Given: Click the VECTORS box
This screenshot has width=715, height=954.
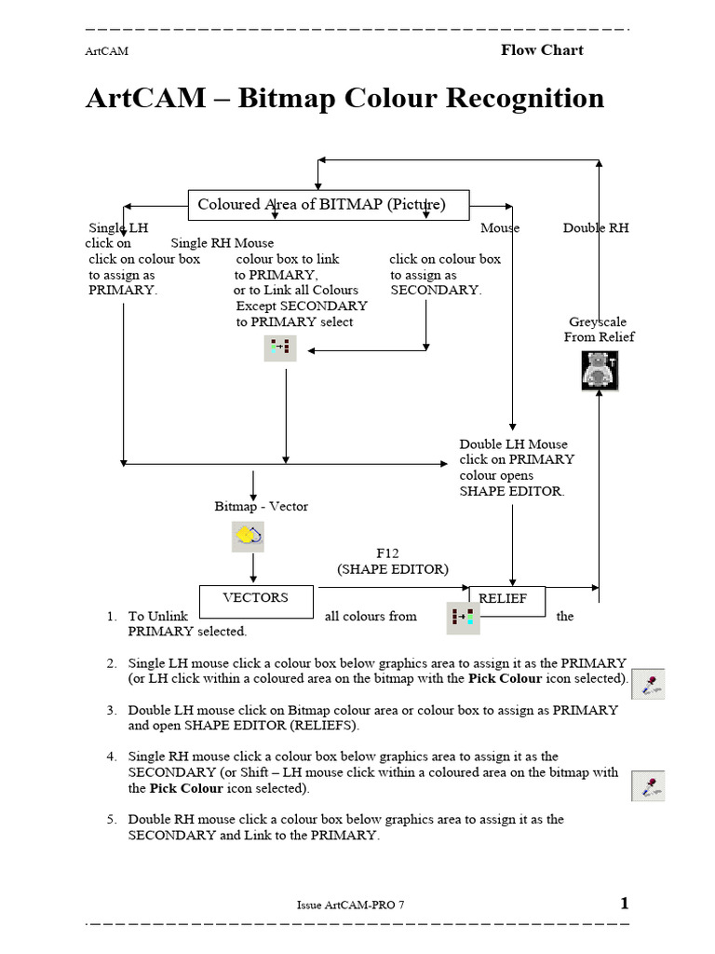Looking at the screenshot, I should coord(256,601).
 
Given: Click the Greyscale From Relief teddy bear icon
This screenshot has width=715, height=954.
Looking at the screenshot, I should coord(599,371).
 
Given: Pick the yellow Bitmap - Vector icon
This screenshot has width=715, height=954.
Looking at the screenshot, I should coord(248,536).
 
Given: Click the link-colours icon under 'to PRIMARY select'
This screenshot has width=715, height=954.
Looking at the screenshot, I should coord(280,348).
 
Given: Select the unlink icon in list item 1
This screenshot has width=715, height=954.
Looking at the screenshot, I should coord(463,618).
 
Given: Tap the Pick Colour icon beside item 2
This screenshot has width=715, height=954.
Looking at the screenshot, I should coord(648,684).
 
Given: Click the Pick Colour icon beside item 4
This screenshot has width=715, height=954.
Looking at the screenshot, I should coord(648,785).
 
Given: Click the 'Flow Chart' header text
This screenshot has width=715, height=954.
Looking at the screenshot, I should coord(542,49).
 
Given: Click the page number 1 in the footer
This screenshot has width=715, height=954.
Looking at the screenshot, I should coord(625,903).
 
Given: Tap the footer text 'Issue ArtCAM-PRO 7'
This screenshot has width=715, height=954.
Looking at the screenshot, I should coord(350,905).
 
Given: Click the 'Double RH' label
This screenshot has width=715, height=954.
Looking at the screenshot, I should coord(596,228).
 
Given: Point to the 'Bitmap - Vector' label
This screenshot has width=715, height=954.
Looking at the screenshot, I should coord(261,506).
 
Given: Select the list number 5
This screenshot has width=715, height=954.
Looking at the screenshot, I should coord(111,820).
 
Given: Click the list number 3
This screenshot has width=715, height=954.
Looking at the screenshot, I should coord(111,710).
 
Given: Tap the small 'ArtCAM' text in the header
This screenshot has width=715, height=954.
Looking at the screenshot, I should coord(106,52).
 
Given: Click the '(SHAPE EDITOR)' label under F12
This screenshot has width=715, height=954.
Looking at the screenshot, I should coord(392,568).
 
